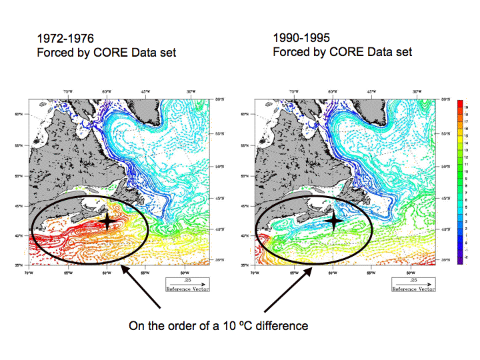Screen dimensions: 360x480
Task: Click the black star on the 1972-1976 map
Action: pos(107,220)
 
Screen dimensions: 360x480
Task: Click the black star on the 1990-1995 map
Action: pos(335,219)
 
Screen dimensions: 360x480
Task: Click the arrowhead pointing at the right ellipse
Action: pos(308,267)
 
